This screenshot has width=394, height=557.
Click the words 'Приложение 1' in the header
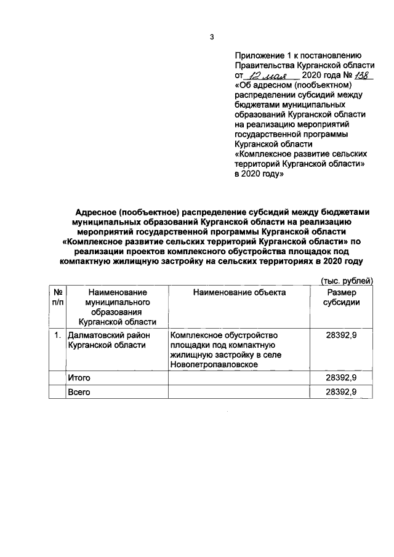coord(263,55)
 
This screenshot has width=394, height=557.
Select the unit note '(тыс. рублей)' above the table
coord(348,280)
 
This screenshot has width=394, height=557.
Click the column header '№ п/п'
coord(57,297)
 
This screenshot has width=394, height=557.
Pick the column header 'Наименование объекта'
coord(239,292)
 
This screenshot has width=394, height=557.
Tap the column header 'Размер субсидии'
coord(341,297)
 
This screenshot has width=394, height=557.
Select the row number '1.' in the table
coord(57,335)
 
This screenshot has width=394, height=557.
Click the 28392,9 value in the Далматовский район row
coord(341,335)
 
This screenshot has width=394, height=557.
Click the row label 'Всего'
coord(79,391)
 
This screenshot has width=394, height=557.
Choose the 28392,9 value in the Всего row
coord(341,391)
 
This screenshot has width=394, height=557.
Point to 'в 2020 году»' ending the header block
coord(259,174)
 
